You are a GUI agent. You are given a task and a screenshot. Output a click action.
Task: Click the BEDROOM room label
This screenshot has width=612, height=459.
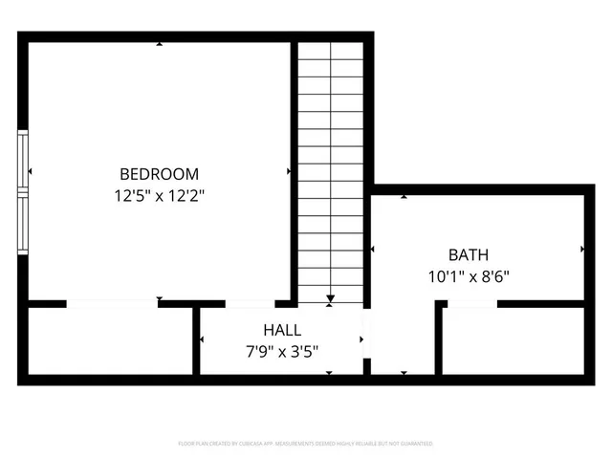159,174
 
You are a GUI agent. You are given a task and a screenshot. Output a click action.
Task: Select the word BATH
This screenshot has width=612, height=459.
469,255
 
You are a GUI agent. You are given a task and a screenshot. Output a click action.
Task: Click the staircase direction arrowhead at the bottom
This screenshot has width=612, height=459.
330,299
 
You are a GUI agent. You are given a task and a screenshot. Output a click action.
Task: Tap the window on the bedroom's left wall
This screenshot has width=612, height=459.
23,191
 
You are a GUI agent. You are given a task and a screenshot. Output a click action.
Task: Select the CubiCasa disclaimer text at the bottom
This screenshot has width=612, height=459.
306,444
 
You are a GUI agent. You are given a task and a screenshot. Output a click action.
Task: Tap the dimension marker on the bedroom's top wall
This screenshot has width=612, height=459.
159,45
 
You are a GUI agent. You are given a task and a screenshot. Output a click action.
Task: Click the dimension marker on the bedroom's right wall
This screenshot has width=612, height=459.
289,172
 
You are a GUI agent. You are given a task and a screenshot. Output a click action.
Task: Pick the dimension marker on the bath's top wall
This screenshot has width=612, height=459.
404,197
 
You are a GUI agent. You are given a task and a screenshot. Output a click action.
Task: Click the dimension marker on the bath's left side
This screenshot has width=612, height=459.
373,250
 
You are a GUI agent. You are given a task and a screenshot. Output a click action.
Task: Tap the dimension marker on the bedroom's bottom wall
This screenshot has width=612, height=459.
159,299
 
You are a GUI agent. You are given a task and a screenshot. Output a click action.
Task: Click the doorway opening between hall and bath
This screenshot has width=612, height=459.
366,340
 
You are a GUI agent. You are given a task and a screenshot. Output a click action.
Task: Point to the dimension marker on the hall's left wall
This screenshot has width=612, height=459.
203,340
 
